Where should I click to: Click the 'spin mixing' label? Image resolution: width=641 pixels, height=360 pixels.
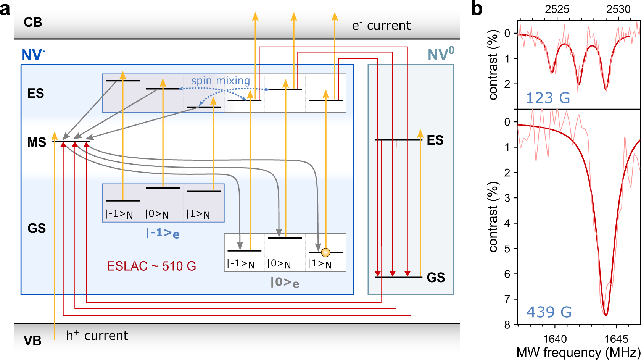click(x=220, y=81)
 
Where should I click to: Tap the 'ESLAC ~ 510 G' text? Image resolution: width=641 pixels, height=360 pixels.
click(x=151, y=266)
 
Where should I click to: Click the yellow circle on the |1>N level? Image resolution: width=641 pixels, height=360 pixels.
click(x=325, y=252)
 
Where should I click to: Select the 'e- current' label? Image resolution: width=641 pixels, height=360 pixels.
click(x=381, y=26)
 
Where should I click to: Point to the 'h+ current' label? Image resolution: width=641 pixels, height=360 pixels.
click(x=97, y=336)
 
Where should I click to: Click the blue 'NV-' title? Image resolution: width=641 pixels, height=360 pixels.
click(x=33, y=55)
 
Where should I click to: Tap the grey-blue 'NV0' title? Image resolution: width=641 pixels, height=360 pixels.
click(x=441, y=54)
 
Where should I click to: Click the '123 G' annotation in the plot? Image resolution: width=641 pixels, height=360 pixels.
click(x=548, y=98)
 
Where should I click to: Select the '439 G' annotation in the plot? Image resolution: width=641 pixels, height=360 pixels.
click(x=549, y=312)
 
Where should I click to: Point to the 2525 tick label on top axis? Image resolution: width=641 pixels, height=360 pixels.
click(x=557, y=9)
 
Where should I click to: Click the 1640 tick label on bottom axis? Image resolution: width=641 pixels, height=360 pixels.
click(x=555, y=339)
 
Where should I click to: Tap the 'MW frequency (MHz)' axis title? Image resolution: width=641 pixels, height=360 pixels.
click(x=578, y=352)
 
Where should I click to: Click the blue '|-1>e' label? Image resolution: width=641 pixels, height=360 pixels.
click(x=163, y=232)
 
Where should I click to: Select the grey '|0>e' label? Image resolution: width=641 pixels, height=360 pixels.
click(x=285, y=283)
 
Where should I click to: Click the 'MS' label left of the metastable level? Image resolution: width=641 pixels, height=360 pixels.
click(x=37, y=142)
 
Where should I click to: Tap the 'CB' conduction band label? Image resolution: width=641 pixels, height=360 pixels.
click(x=33, y=22)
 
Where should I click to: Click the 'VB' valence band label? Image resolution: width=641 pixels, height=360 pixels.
click(x=32, y=341)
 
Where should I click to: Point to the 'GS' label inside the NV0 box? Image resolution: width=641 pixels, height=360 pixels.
click(x=436, y=278)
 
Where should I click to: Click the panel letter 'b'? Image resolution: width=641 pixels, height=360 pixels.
click(x=477, y=8)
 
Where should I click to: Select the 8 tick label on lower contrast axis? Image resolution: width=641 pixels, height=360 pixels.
click(x=507, y=325)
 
